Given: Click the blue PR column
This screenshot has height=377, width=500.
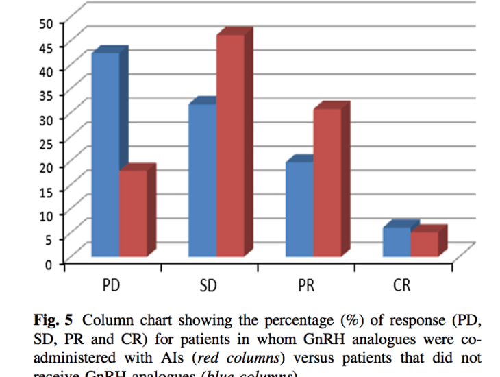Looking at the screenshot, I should point(299,209).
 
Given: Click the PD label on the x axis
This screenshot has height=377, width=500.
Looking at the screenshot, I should point(112,284).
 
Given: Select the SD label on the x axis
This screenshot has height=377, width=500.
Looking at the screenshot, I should point(208,284).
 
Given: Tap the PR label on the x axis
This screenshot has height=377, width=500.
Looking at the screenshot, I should point(305,284).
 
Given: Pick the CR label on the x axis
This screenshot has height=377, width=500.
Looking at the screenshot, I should point(402,284).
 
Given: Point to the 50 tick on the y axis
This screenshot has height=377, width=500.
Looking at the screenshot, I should point(45,23).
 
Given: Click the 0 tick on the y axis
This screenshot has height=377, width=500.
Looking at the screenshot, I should point(49,264).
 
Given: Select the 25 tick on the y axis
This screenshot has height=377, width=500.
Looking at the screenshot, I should point(45,143).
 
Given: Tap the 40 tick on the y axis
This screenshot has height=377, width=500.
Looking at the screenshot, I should point(45,71).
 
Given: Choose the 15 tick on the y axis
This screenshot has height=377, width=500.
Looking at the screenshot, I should point(45,191).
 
